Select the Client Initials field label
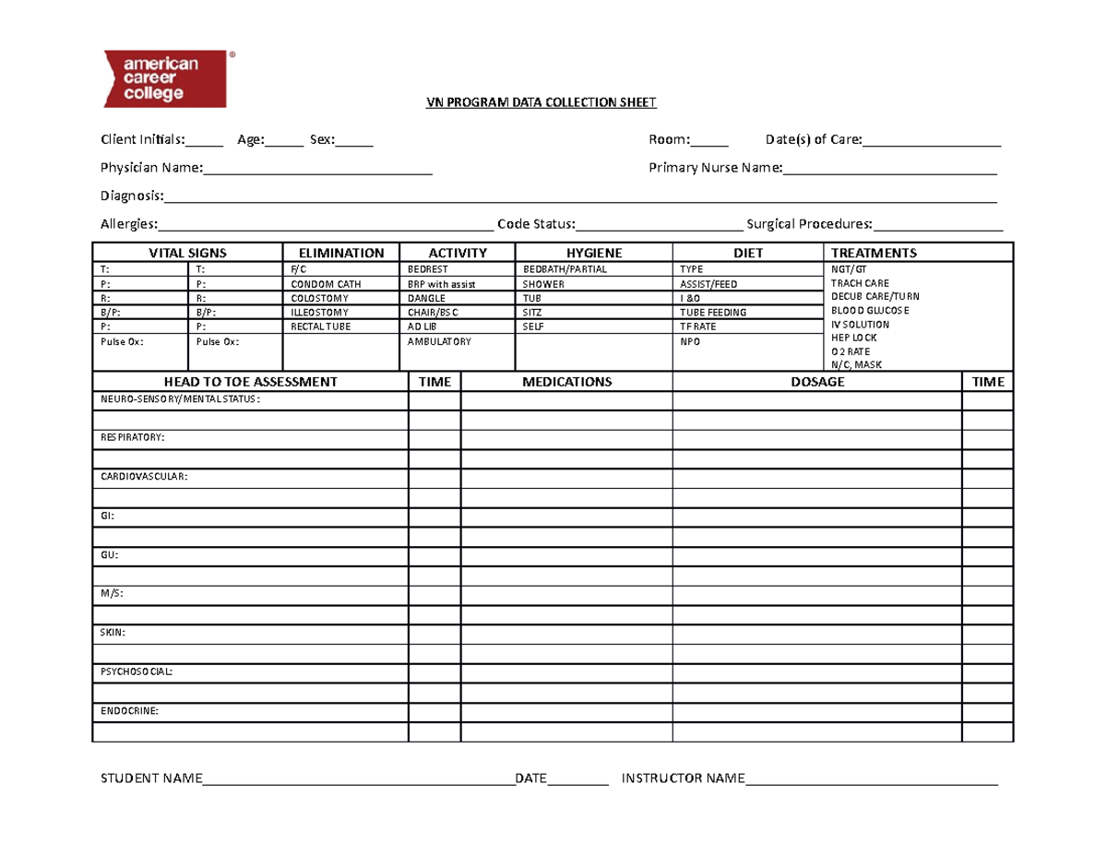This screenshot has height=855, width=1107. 143,140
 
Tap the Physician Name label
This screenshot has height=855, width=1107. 151,168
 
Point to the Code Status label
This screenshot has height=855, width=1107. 536,224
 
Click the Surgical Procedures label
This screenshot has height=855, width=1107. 810,224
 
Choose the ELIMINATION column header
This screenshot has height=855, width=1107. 340,253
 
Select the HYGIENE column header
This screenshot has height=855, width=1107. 593,253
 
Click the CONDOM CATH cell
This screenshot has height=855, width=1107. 320,284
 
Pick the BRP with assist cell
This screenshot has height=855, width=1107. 441,284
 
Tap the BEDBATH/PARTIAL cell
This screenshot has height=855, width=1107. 565,268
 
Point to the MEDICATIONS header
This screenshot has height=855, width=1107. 566,382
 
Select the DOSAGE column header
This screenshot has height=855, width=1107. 817,382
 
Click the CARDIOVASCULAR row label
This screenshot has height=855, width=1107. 143,477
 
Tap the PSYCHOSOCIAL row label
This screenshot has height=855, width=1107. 136,671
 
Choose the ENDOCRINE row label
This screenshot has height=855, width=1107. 129,711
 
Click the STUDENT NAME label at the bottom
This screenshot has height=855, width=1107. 151,779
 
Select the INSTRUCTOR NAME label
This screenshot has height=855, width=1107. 683,779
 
